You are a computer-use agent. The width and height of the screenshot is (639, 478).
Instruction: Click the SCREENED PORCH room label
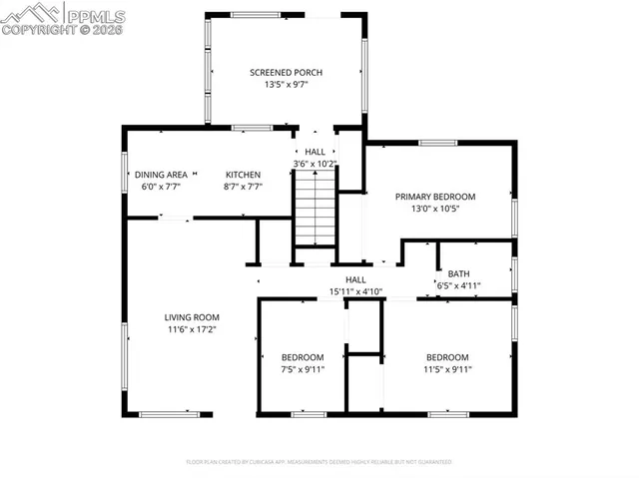[286, 73]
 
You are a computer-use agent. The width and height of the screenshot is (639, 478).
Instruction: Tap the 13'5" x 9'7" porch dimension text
[286, 86]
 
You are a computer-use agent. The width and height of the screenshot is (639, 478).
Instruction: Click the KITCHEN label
[243, 175]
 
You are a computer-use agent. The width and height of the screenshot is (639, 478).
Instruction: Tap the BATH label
[458, 273]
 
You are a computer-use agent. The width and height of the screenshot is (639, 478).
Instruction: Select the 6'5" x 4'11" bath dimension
[458, 286]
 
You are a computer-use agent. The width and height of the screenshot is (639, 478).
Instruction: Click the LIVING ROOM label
[192, 317]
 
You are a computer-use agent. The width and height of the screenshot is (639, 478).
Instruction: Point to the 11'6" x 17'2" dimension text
[192, 329]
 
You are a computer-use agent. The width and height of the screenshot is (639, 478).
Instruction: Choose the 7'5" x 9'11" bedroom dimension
[302, 369]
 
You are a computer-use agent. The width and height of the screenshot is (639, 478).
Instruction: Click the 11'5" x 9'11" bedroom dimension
[447, 369]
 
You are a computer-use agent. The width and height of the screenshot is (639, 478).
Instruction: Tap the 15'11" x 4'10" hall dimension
[355, 292]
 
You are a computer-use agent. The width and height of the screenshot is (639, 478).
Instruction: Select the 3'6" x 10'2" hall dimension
[315, 164]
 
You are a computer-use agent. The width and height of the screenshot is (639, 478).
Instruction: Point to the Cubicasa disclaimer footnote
[319, 462]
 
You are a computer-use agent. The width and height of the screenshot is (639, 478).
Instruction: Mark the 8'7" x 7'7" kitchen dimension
[243, 187]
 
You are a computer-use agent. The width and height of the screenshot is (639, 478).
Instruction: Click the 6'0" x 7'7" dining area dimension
[161, 187]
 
